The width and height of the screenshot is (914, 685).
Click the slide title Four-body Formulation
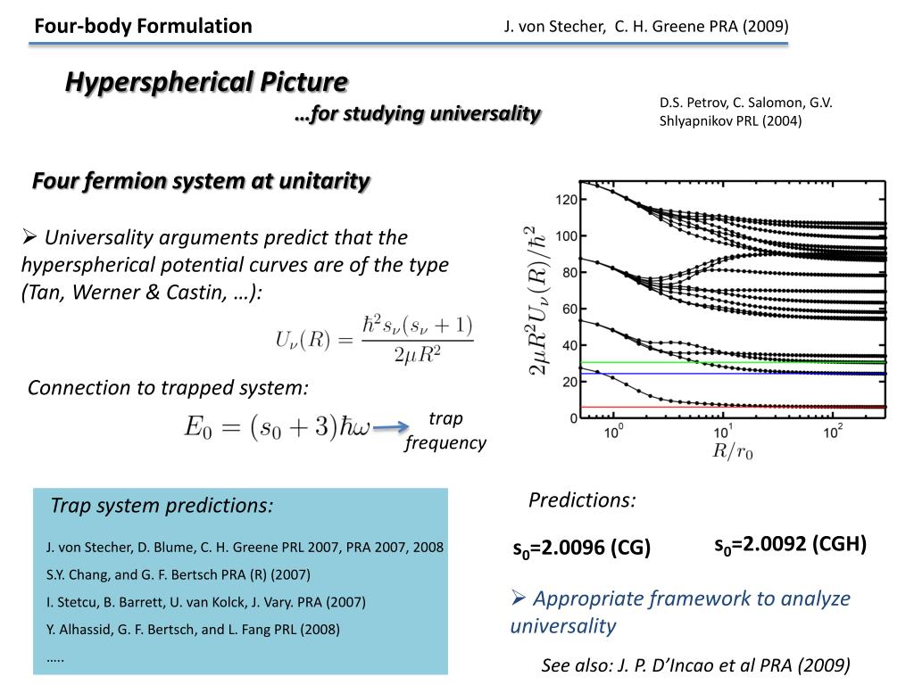click(143, 26)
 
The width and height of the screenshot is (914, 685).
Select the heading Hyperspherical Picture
click(206, 82)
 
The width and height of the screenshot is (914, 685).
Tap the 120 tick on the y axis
click(566, 200)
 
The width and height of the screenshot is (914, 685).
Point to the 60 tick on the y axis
click(569, 309)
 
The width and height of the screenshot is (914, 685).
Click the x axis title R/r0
click(733, 451)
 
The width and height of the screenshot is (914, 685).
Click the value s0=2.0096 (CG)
click(581, 549)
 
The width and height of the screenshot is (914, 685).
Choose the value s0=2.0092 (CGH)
click(790, 544)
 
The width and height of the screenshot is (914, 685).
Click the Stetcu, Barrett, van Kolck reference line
click(206, 602)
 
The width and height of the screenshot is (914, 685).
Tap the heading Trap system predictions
click(162, 506)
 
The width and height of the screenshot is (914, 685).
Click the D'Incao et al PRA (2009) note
click(695, 664)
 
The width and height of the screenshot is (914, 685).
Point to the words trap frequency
click(445, 431)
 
